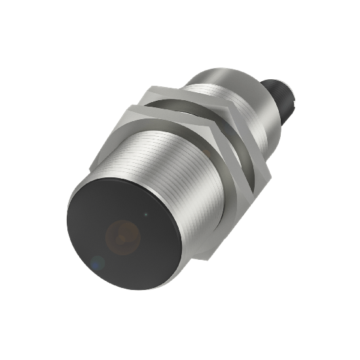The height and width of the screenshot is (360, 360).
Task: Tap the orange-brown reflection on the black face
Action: (x=122, y=235)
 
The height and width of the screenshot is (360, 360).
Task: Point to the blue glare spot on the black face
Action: (x=97, y=263)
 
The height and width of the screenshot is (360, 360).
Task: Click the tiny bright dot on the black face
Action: (x=145, y=213)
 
